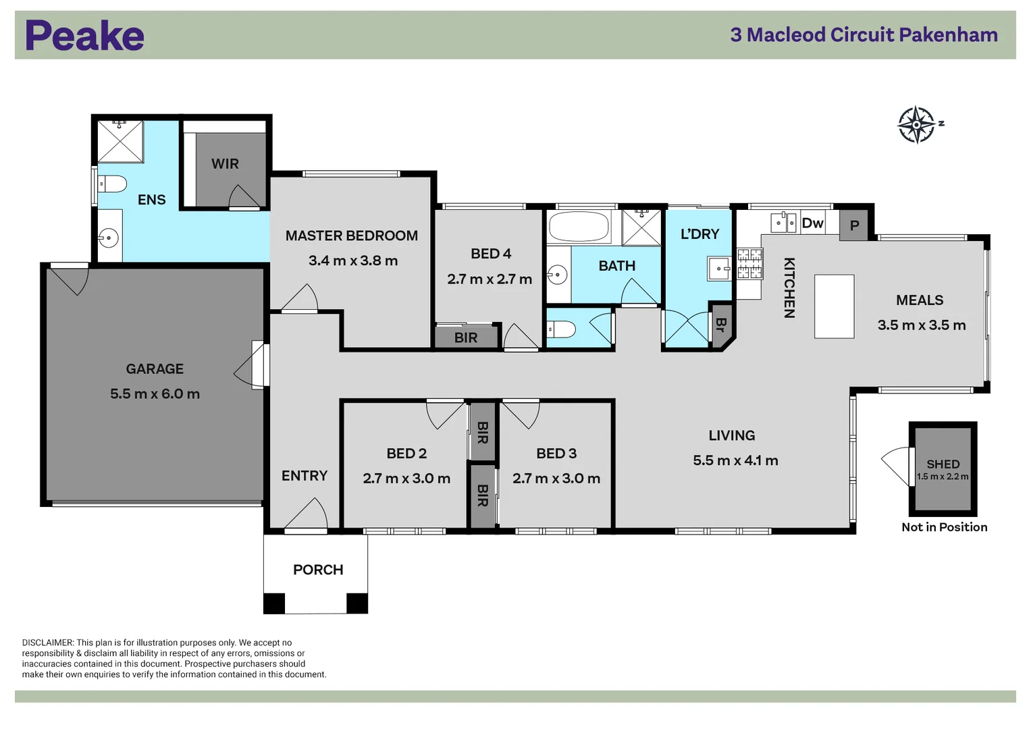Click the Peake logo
[x=84, y=35]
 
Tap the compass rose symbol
[x=916, y=125]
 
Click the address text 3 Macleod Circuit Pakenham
[x=864, y=35]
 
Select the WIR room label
[x=225, y=164]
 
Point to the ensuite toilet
[x=112, y=184]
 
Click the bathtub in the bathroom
[x=579, y=226]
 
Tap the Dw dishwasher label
[x=812, y=223]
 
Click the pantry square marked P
[x=854, y=225]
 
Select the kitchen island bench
[x=834, y=306]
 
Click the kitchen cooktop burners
[x=749, y=264]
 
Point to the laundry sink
[x=719, y=269]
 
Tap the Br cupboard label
[x=721, y=325]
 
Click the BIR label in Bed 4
[x=466, y=337]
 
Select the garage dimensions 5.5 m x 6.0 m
[x=155, y=394]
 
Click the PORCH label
[x=318, y=570]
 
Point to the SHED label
[x=943, y=464]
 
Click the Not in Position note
[x=945, y=527]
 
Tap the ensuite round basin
[x=109, y=238]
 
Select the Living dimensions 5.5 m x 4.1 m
[x=735, y=460]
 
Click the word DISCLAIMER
[x=48, y=643]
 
